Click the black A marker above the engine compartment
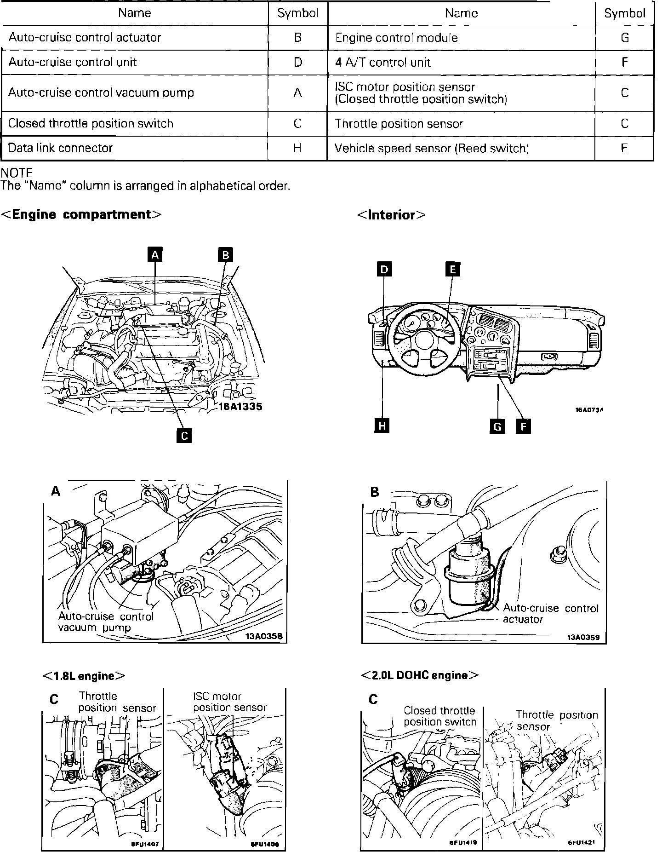[x=155, y=254]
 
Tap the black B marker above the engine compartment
[x=225, y=254]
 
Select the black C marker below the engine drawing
[x=184, y=435]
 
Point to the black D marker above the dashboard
[x=384, y=269]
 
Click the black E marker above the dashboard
[x=452, y=269]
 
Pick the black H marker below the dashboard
[x=382, y=426]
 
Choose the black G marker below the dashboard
[x=497, y=426]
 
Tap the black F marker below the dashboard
[x=523, y=426]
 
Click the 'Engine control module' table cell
[x=396, y=38]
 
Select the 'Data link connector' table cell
[x=60, y=148]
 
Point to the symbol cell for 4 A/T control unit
[x=624, y=63]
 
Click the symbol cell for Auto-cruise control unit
[x=297, y=63]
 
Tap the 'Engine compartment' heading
[x=82, y=214]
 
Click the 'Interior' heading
[x=391, y=215]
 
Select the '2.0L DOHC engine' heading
[x=420, y=675]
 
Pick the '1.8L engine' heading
[x=84, y=676]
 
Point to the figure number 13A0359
[x=586, y=637]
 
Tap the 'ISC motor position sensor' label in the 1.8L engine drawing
[x=230, y=702]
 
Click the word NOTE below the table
[x=17, y=173]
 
